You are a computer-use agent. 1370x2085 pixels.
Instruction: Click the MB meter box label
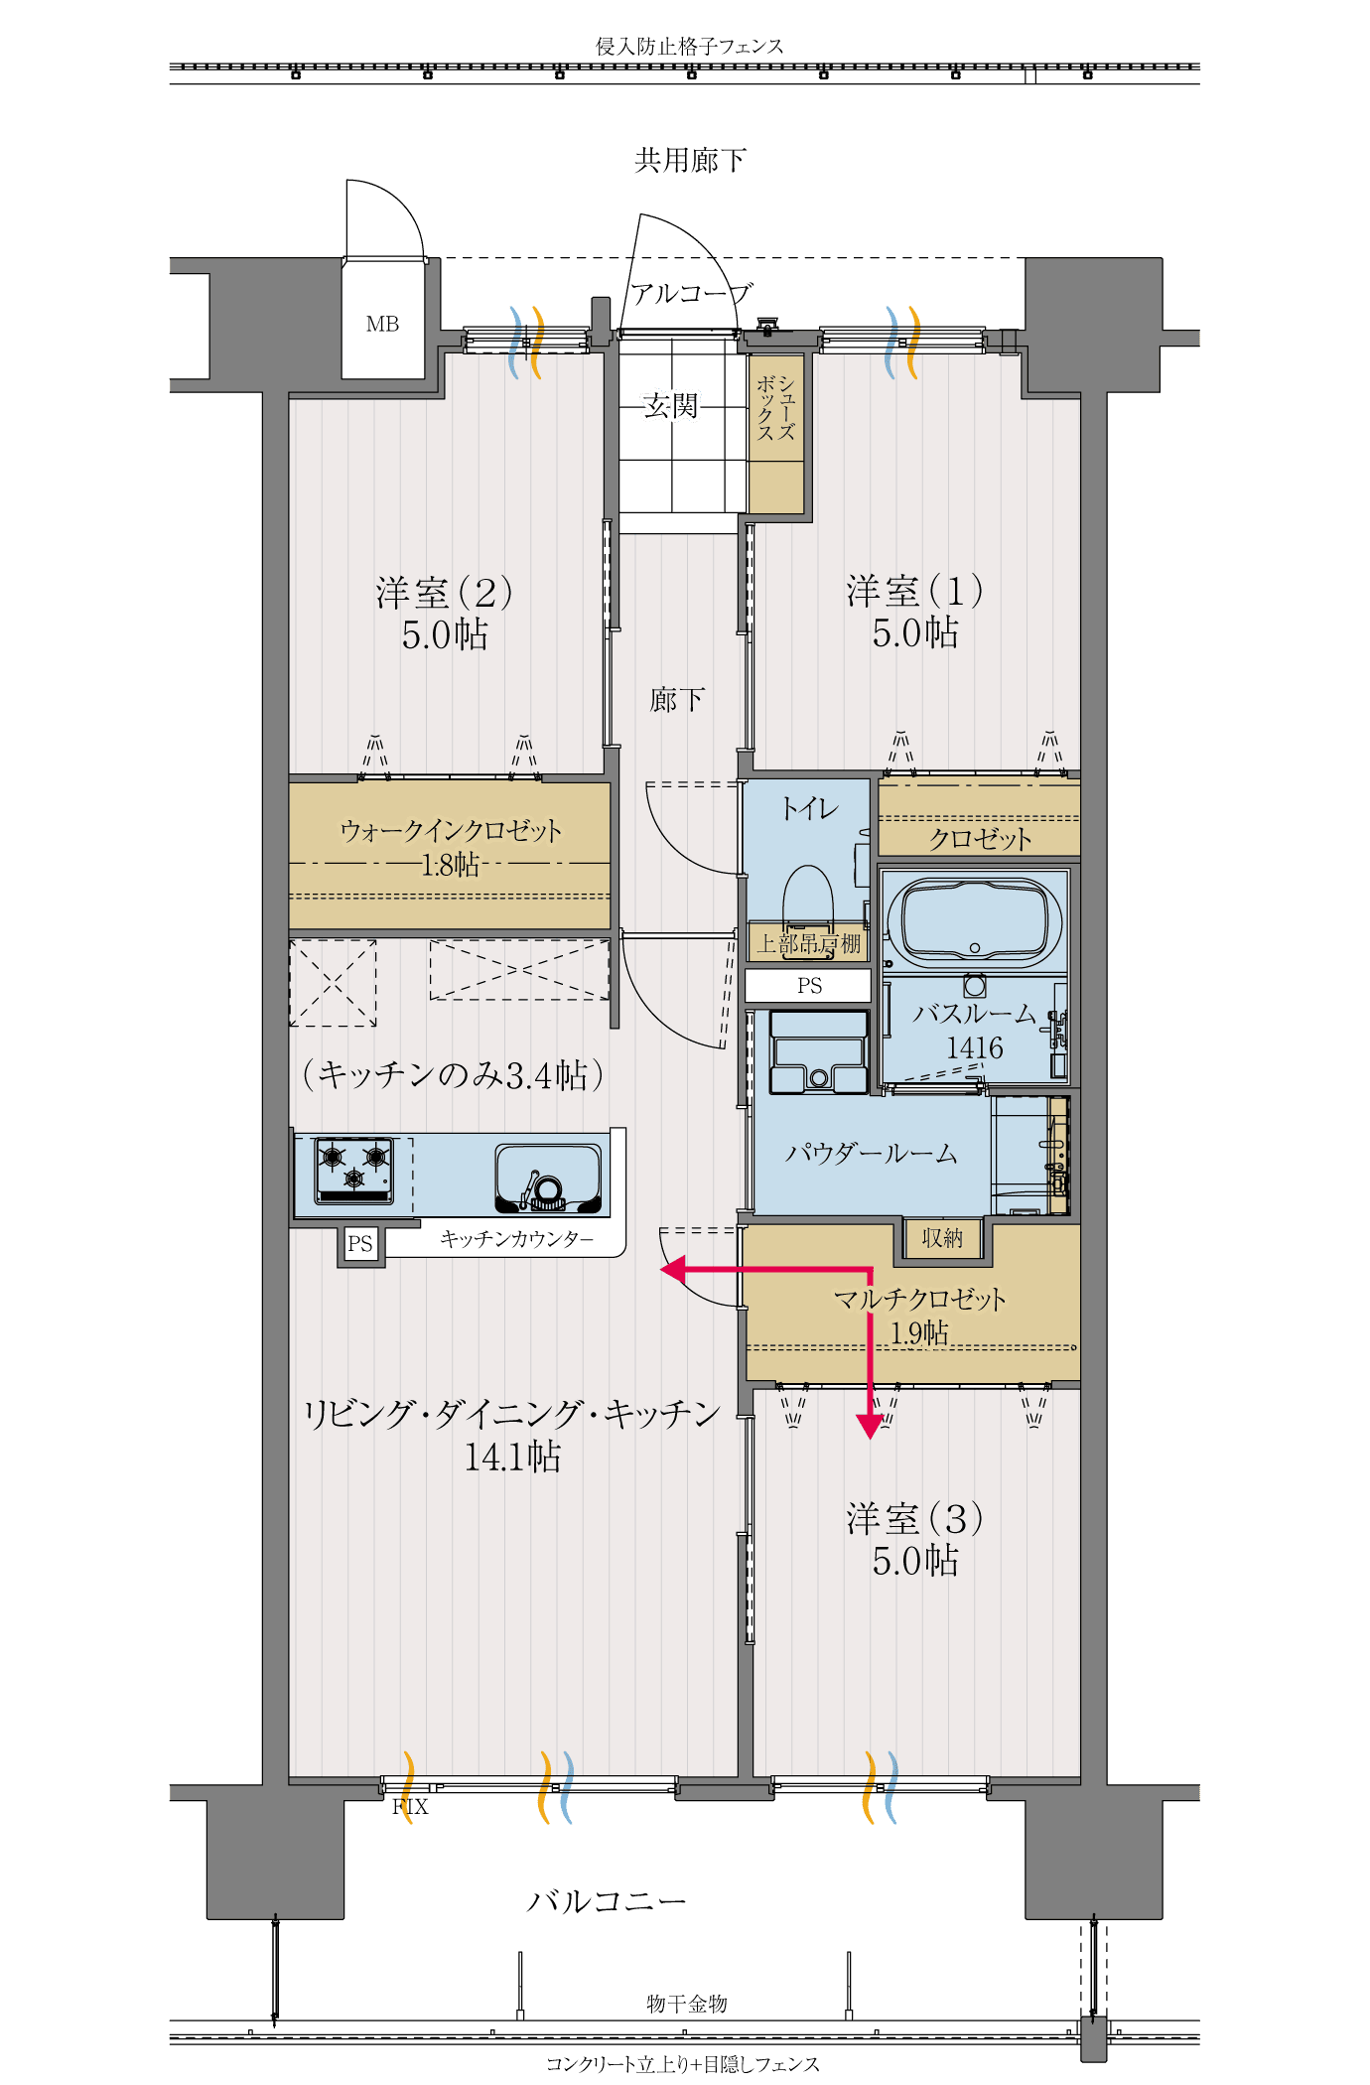[382, 324]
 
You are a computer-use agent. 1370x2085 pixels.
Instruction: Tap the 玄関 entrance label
[671, 405]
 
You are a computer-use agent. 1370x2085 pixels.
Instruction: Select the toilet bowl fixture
[808, 899]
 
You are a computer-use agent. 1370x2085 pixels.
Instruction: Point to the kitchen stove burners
[353, 1169]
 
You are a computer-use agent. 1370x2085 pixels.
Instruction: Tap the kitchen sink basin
[549, 1178]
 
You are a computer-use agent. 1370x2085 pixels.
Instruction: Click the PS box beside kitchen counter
[360, 1243]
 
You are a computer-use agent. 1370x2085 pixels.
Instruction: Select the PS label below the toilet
[809, 986]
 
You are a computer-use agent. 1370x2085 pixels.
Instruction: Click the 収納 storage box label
[942, 1238]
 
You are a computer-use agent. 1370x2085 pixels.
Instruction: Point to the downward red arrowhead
[870, 1426]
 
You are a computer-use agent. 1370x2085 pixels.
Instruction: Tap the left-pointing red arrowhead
[673, 1270]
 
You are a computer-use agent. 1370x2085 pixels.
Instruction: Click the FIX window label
[410, 1806]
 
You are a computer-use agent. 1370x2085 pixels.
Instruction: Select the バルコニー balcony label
[606, 1901]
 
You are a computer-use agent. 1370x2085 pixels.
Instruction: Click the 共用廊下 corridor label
[690, 160]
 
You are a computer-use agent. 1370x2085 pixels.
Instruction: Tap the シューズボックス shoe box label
[776, 408]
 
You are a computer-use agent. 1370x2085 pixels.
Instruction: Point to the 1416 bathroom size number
[974, 1047]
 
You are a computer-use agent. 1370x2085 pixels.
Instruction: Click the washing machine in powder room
[819, 1052]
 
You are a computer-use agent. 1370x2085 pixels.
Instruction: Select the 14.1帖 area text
[513, 1457]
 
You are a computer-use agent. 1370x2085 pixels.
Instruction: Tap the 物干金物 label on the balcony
[687, 2004]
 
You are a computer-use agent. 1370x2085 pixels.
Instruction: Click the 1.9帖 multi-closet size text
[919, 1332]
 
